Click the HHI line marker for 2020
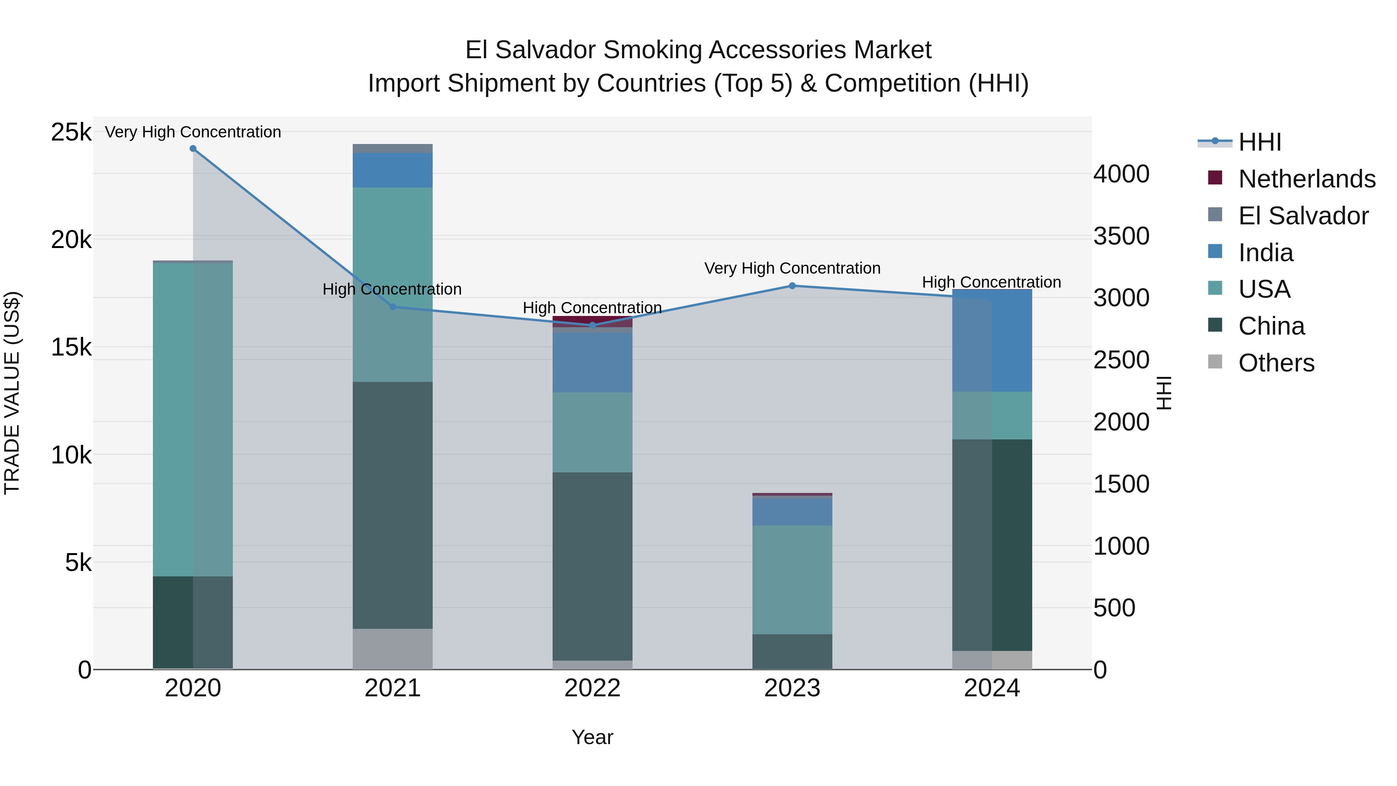point(193,149)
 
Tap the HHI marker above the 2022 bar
point(592,326)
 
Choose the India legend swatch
point(1215,252)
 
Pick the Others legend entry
point(1276,363)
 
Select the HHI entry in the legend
point(1259,142)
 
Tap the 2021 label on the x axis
point(393,688)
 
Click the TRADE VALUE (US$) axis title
point(12,393)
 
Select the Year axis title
point(592,737)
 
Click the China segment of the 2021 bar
point(393,505)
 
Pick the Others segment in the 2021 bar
point(393,649)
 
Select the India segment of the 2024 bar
point(992,341)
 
